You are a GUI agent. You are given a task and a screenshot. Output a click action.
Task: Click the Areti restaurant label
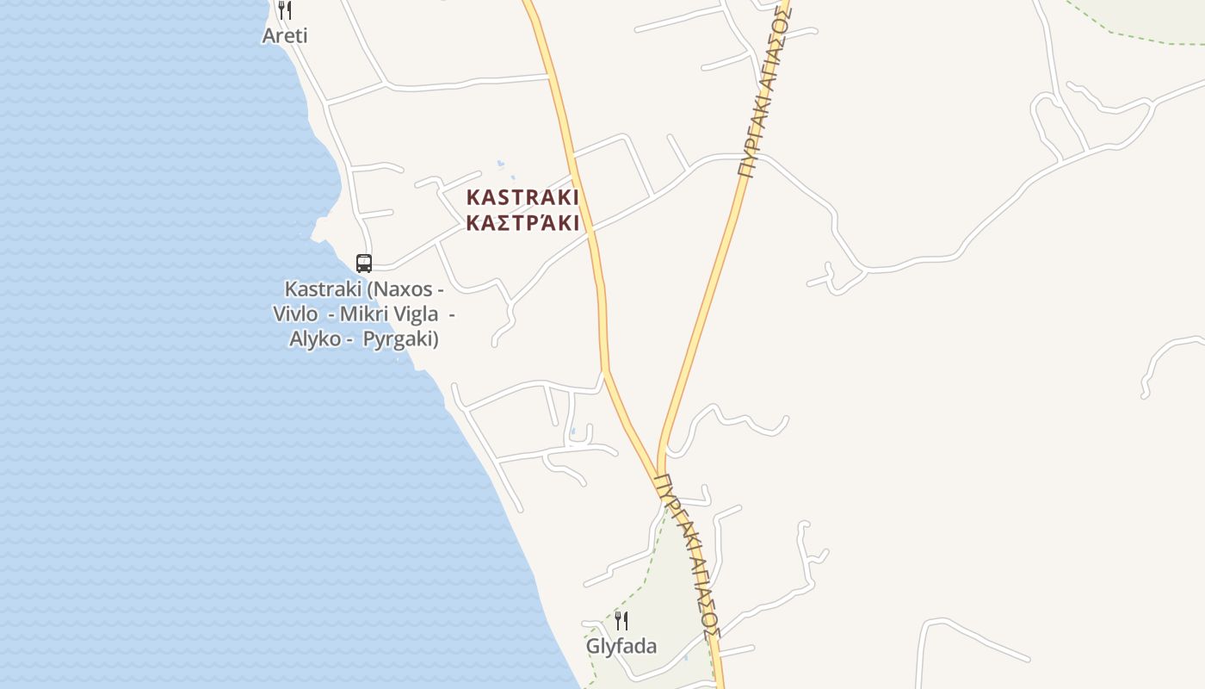tap(285, 36)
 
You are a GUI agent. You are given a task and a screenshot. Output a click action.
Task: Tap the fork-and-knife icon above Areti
tap(285, 10)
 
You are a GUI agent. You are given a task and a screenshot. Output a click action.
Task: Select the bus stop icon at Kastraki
tap(364, 264)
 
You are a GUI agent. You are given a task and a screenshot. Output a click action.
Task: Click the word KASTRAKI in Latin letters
tap(522, 197)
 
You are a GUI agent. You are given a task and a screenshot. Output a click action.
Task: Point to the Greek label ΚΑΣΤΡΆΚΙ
tap(522, 223)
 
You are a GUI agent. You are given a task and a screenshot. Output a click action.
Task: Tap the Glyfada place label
tap(621, 647)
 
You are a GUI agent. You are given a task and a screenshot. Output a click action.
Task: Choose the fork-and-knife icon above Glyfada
tap(621, 620)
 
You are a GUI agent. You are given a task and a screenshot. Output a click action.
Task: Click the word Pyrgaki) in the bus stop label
tap(401, 338)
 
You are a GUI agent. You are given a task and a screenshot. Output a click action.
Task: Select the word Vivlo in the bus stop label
tap(295, 313)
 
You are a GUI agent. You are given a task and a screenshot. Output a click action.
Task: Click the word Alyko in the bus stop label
tap(315, 338)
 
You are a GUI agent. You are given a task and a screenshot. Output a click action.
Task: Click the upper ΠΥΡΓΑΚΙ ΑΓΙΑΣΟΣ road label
tap(763, 90)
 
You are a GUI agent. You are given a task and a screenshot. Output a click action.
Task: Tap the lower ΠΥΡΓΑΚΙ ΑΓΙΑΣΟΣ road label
tap(686, 556)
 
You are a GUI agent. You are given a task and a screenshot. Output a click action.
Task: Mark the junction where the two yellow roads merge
tap(664, 469)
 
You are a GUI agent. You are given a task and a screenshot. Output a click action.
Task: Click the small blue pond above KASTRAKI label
tap(501, 163)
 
